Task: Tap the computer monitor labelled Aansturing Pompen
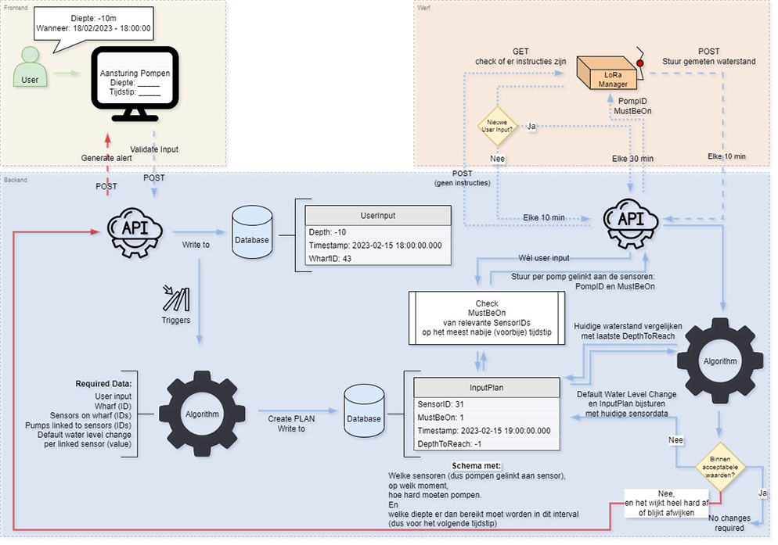click(x=135, y=82)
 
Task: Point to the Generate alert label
click(x=107, y=158)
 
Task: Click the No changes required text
click(x=730, y=523)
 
